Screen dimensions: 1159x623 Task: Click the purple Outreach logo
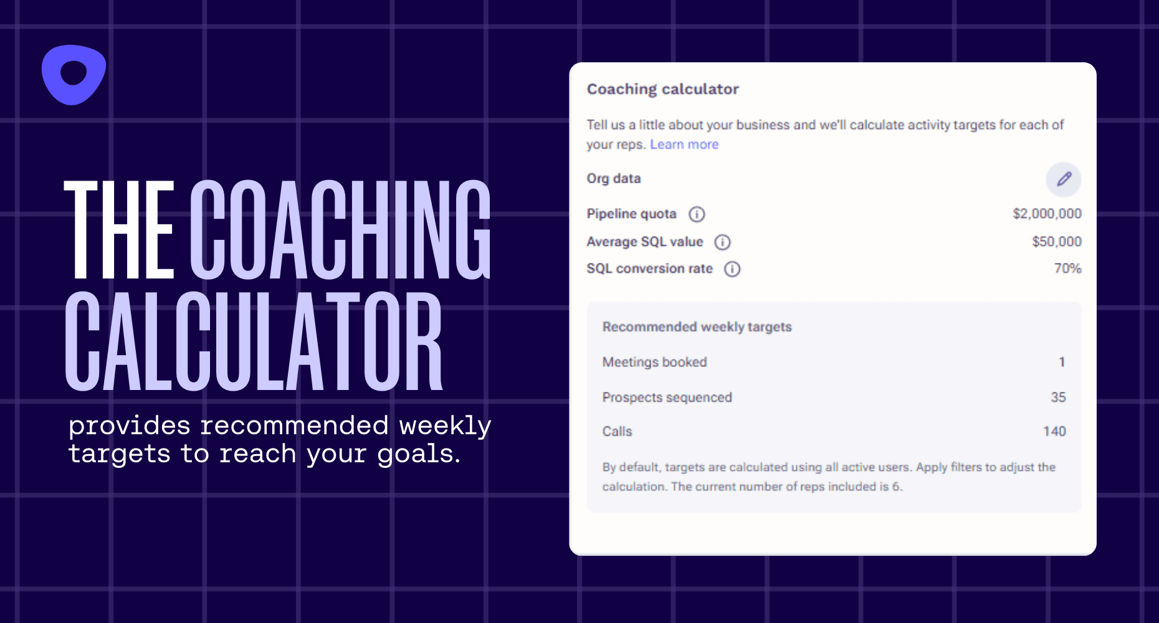pyautogui.click(x=74, y=75)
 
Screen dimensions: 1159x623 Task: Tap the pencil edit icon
pyautogui.click(x=1064, y=179)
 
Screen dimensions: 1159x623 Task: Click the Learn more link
pyautogui.click(x=684, y=145)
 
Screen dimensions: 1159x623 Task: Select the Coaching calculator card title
pyautogui.click(x=662, y=89)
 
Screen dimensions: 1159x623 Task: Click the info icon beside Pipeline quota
pyautogui.click(x=697, y=214)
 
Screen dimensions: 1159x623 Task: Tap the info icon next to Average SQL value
pyautogui.click(x=722, y=242)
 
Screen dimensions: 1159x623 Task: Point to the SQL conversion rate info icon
pyautogui.click(x=732, y=269)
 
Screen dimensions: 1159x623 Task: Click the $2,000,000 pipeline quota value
pyautogui.click(x=1047, y=214)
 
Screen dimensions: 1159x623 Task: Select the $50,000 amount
pyautogui.click(x=1057, y=241)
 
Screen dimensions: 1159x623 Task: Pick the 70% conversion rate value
pyautogui.click(x=1067, y=268)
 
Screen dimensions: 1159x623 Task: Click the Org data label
pyautogui.click(x=614, y=179)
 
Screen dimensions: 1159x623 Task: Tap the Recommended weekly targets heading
pyautogui.click(x=697, y=327)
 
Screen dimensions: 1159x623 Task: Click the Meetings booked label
pyautogui.click(x=654, y=362)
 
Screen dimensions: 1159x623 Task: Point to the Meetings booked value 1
pyautogui.click(x=1062, y=362)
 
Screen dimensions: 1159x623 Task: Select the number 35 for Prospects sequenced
pyautogui.click(x=1058, y=397)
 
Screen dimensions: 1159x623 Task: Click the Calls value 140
pyautogui.click(x=1054, y=431)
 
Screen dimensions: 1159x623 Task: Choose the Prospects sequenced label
pyautogui.click(x=667, y=397)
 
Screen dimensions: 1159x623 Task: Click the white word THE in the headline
pyautogui.click(x=118, y=229)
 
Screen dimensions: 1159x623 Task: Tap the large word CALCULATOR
pyautogui.click(x=254, y=341)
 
